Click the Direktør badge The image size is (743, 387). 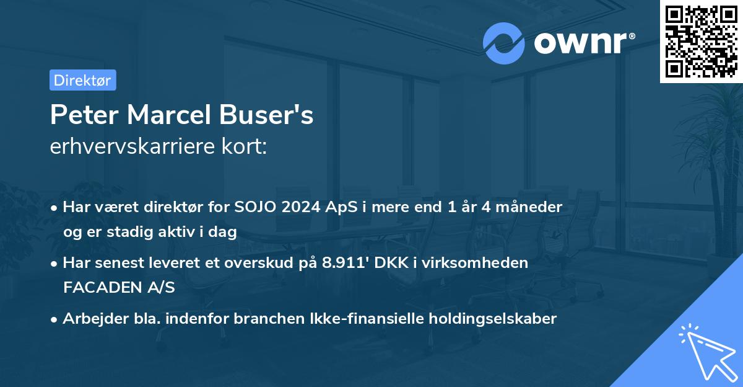pos(82,80)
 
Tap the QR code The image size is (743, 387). pos(701,41)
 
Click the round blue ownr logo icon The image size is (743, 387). pos(504,43)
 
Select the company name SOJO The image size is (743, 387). pos(254,207)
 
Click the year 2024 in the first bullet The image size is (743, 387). pos(301,207)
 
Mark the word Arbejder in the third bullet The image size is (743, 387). pos(90,319)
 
